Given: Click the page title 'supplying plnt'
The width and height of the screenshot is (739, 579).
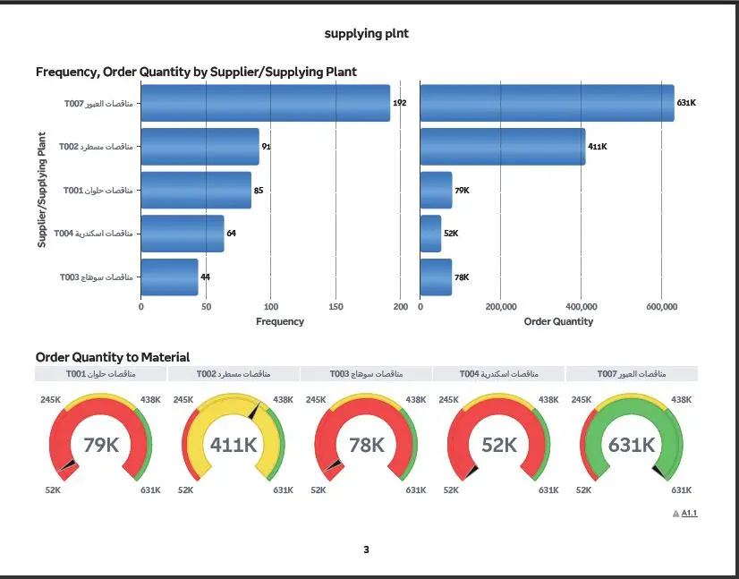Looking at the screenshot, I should [x=366, y=33].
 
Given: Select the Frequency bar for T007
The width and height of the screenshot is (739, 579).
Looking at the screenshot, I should [x=265, y=103].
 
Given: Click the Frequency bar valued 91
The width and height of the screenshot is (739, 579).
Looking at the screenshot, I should [x=200, y=146].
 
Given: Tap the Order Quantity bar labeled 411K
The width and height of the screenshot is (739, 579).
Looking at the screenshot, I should [x=502, y=146].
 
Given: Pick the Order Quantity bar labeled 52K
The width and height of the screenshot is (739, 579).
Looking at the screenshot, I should [x=430, y=233].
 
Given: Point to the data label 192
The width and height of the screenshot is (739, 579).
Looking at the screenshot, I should [x=400, y=104].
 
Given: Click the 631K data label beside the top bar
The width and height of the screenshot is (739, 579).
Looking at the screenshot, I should [x=686, y=104].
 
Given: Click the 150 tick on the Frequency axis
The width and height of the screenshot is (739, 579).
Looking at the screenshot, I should [x=336, y=307].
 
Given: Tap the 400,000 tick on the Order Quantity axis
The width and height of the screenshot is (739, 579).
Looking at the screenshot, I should [x=581, y=307].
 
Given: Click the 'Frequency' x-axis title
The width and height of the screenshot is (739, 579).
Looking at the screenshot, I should [x=280, y=321].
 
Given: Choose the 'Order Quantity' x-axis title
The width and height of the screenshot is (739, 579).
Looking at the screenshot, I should [x=558, y=321].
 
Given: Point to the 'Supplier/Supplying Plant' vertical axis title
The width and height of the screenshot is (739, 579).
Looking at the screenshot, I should [x=41, y=190].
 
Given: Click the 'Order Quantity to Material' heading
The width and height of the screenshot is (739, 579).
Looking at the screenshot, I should [x=113, y=357].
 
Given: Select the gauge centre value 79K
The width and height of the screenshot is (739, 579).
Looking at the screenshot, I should [x=101, y=445].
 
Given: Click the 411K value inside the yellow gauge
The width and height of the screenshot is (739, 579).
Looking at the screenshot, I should [x=234, y=445].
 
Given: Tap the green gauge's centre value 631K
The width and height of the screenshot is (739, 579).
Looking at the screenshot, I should [x=632, y=445].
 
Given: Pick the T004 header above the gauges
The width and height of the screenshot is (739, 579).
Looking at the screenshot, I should [x=498, y=373].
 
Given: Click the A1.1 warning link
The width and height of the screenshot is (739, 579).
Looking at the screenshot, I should [x=688, y=514].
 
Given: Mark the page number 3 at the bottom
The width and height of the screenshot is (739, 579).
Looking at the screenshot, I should [x=366, y=549].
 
